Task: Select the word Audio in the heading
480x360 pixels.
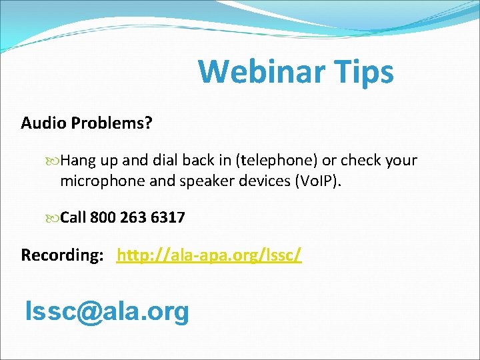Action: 43,123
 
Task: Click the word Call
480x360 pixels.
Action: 73,217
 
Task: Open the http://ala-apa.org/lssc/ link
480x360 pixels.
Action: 209,255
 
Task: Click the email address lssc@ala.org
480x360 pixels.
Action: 107,311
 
